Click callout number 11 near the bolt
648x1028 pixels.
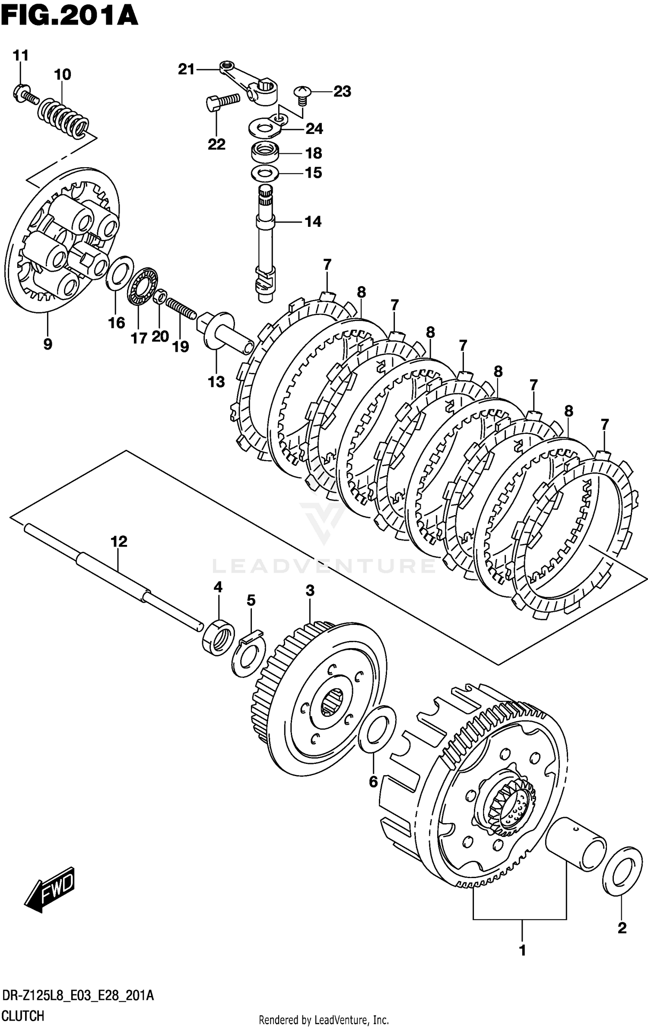click(20, 55)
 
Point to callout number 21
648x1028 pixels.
click(187, 69)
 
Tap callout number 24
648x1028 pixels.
click(314, 129)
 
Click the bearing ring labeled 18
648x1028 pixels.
click(265, 153)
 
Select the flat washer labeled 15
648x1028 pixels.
click(265, 173)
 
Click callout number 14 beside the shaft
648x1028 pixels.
click(313, 222)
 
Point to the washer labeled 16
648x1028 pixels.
click(120, 274)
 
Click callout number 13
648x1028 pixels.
click(216, 382)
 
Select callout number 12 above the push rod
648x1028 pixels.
click(119, 541)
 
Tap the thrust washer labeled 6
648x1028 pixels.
click(377, 731)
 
